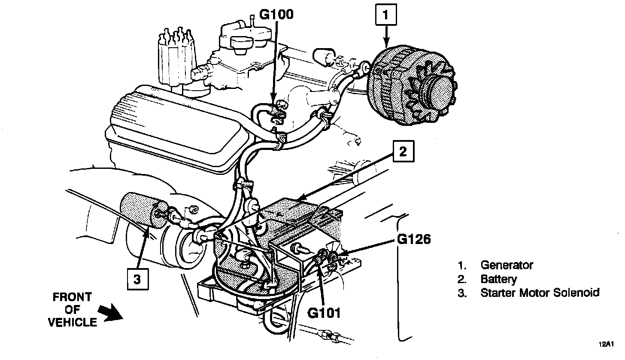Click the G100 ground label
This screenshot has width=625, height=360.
coord(276,15)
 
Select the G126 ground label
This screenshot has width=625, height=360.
coord(414,240)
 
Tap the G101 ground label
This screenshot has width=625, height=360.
coord(324,313)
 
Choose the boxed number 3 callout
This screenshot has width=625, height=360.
coord(137,280)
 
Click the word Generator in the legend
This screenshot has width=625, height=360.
coord(507,265)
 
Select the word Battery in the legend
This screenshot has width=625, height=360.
coord(498,279)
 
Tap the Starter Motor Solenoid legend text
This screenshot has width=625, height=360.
coord(540,293)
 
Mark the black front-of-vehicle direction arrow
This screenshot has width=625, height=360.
coord(111,311)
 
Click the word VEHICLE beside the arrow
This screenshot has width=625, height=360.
coord(72,323)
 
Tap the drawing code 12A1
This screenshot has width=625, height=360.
coord(608,344)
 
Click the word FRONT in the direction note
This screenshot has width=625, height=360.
coord(72,297)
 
